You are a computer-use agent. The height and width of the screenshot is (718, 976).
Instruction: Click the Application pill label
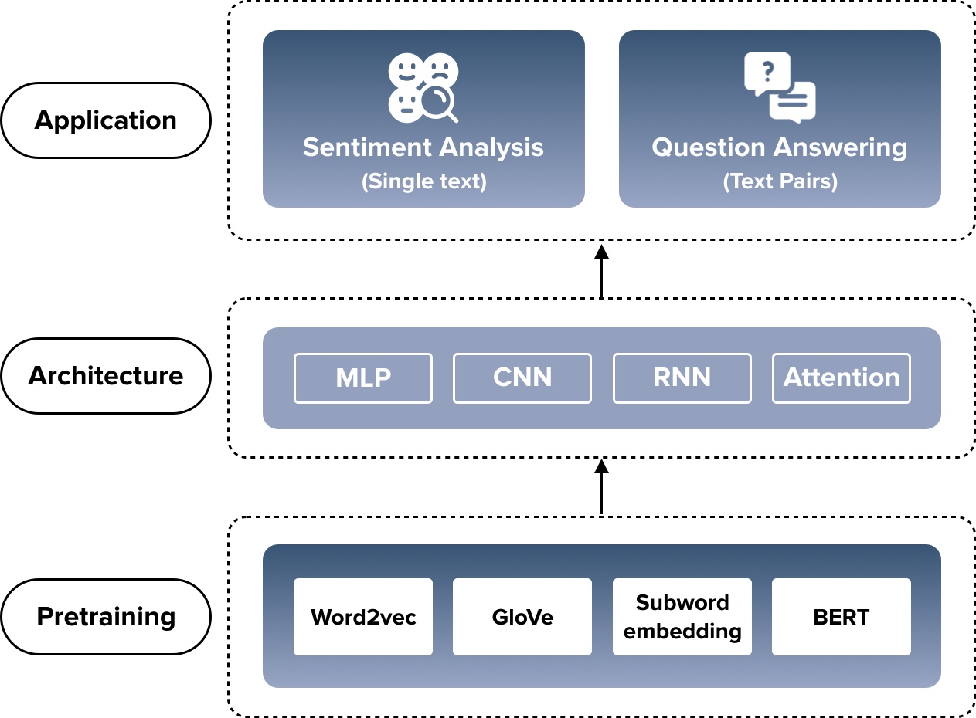[106, 120]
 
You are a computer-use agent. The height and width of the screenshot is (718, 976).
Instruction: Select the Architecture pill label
[106, 376]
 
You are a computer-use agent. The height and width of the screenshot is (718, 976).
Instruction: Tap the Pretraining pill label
[106, 617]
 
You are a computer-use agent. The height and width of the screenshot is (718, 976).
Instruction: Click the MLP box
[363, 378]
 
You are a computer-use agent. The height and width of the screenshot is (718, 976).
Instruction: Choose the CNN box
[522, 378]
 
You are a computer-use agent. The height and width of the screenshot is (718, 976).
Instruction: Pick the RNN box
[682, 378]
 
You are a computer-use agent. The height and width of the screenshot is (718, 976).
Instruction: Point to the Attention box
[842, 378]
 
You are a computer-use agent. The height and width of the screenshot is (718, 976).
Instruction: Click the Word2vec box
[363, 617]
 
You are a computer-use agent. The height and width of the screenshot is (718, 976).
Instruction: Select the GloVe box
[522, 617]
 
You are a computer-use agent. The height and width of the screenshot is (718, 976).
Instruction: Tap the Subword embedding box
[682, 617]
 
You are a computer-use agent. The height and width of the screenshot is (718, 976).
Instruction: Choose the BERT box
[842, 617]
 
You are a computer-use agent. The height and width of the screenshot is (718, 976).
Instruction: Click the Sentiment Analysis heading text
[423, 147]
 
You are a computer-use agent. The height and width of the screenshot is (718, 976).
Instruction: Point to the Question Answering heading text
[780, 147]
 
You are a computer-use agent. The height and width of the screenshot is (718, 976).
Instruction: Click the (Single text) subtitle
[423, 181]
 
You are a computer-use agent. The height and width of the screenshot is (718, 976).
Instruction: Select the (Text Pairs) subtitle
[780, 181]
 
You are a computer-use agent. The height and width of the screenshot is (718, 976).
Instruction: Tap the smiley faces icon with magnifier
[423, 87]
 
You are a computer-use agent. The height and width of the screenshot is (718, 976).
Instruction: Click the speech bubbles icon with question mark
[780, 86]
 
